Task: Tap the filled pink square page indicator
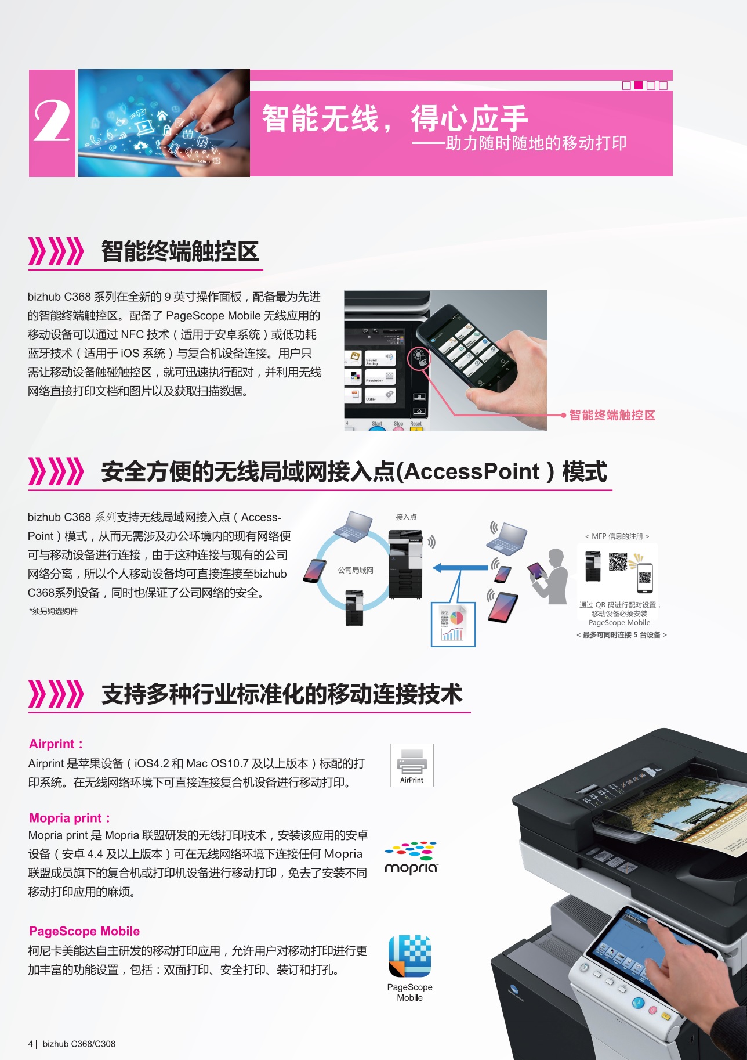coord(639,85)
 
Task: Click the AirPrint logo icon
coord(412,765)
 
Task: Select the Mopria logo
coord(411,858)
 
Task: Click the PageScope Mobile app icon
coord(410,956)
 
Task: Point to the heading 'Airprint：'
coord(56,744)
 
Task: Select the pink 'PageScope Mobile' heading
coord(85,931)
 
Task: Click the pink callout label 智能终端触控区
coord(612,415)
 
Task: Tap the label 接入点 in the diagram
coord(406,517)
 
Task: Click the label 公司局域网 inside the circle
coord(356,570)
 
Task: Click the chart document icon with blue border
coord(453,624)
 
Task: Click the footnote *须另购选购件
coord(53,611)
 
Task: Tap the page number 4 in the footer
coord(30,1044)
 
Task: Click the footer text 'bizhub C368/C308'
coord(79,1044)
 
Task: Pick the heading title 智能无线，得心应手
coord(394,118)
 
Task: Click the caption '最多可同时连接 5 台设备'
coord(621,634)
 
